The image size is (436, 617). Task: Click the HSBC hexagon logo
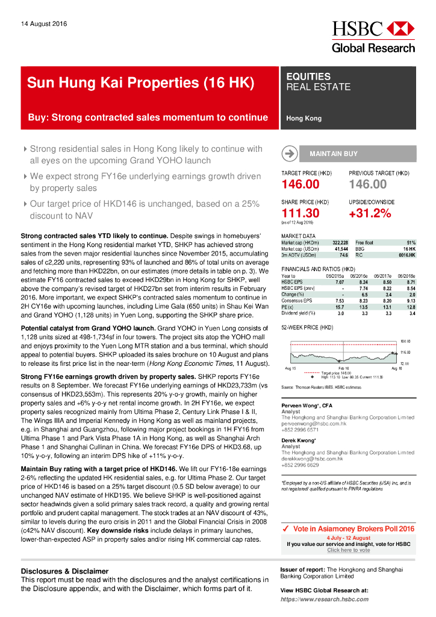pos(400,28)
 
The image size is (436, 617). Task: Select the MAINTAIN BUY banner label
pos(333,154)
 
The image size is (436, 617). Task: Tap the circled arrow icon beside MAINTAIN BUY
pos(290,154)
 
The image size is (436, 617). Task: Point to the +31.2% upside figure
pos(370,213)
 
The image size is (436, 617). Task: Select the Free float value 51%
pos(411,242)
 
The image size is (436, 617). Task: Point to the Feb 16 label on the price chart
pos(344,368)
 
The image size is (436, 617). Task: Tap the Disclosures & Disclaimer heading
pos(64,571)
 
